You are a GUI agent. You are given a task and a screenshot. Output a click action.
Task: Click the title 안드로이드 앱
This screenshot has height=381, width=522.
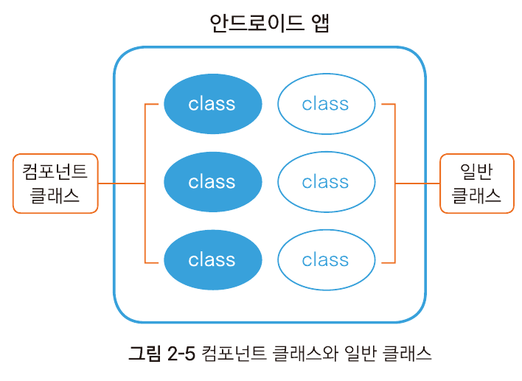[270, 23]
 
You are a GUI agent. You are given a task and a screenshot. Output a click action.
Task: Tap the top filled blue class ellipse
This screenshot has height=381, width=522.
[213, 104]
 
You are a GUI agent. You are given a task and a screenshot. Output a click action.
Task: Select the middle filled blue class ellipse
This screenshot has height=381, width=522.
[213, 182]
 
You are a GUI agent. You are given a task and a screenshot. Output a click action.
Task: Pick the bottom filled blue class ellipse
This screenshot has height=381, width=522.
[213, 260]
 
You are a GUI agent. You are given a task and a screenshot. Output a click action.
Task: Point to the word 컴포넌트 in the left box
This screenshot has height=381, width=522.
[55, 172]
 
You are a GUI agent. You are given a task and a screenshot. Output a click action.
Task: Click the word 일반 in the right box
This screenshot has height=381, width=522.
[476, 172]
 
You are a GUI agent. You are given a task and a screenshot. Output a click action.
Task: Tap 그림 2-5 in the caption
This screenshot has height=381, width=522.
[161, 353]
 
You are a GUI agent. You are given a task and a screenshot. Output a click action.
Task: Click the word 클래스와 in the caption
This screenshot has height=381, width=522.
[305, 353]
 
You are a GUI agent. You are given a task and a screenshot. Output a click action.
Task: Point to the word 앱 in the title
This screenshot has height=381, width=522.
[320, 23]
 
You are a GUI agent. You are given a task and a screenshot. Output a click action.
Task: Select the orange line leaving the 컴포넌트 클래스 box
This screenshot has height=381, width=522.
[122, 183]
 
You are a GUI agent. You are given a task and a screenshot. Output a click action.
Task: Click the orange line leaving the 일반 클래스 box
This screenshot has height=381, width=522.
[417, 183]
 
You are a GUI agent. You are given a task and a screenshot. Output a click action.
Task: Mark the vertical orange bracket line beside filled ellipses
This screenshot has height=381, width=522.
[145, 183]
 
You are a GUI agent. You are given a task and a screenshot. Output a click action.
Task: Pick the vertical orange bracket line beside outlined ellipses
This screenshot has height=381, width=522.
[395, 183]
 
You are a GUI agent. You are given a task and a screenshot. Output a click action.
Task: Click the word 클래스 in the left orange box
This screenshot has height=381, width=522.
[55, 195]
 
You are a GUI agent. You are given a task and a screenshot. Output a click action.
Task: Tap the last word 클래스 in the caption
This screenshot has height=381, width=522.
[407, 353]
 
